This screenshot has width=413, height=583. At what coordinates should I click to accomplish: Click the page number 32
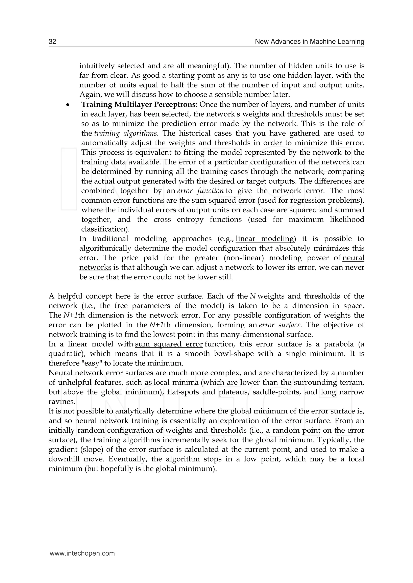pos(52,42)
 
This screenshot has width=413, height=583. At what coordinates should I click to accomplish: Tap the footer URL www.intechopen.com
pos(82,553)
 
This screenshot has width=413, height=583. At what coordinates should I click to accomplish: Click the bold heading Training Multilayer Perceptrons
pos(139,104)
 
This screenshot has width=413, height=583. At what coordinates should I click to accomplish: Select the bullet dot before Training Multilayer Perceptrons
pos(68,105)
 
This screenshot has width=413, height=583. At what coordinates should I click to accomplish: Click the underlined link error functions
pos(139,200)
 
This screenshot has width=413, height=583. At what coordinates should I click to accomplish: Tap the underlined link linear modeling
pos(265,239)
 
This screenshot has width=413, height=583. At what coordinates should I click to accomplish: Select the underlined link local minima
pos(176,382)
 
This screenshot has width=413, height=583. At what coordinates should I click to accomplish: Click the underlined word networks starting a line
pos(95,268)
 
